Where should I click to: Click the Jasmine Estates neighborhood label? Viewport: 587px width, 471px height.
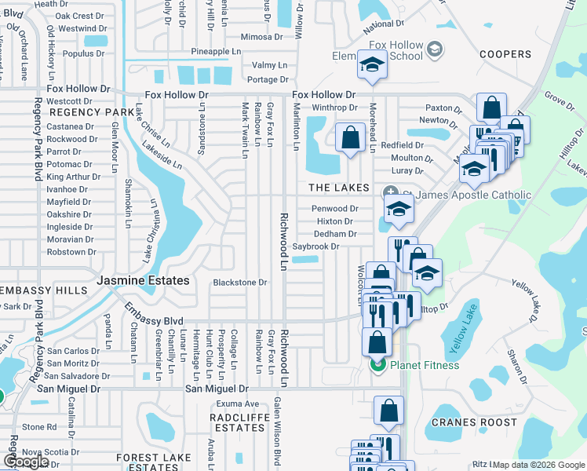(x=143, y=280)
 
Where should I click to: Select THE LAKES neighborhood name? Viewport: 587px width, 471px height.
(x=338, y=188)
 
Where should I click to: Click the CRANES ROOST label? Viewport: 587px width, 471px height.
(x=474, y=422)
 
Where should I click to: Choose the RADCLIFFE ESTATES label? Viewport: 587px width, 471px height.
(x=239, y=422)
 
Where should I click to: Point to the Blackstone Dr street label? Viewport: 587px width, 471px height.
(x=240, y=283)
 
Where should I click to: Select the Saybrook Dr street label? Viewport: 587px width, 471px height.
(x=315, y=246)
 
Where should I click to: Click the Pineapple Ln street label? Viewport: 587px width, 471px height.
(x=216, y=52)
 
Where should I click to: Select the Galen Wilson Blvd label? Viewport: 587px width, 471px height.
(x=276, y=440)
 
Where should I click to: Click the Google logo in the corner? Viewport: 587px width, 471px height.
(x=26, y=462)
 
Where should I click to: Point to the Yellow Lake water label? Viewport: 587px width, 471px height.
(x=458, y=330)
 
